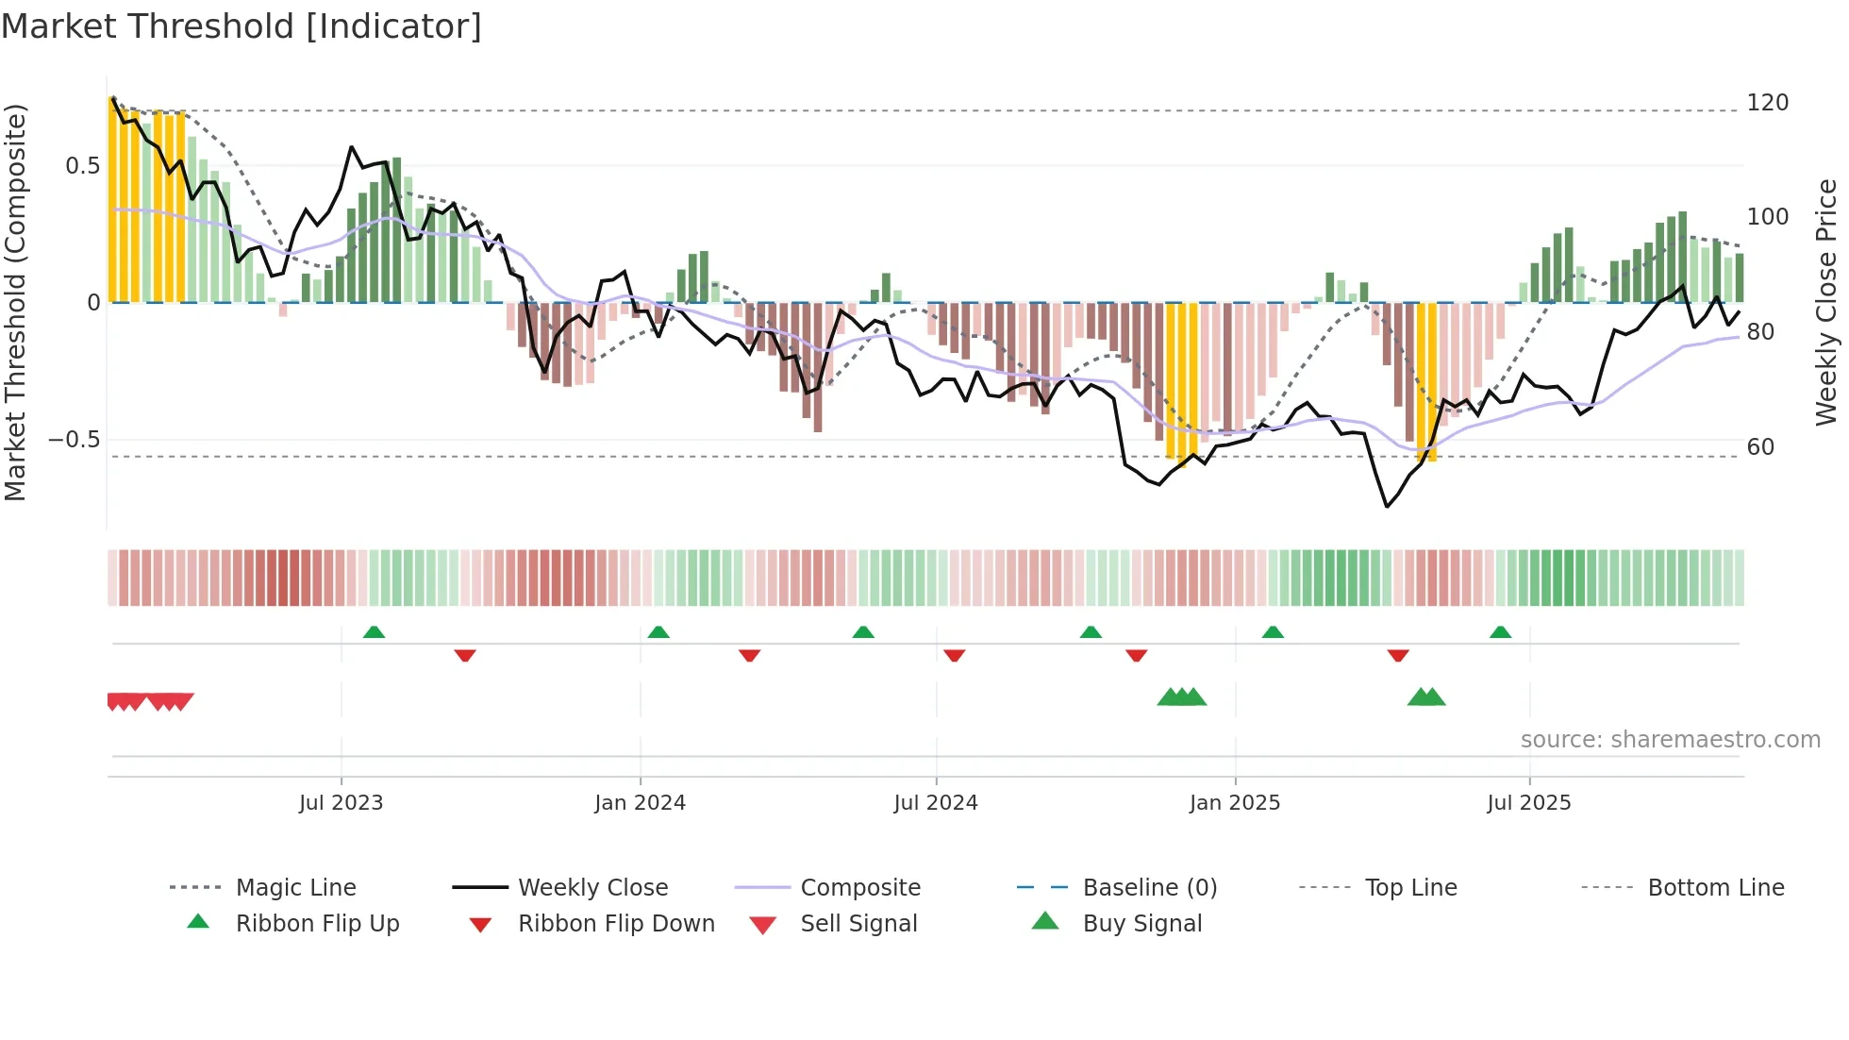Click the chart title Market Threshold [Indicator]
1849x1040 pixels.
click(x=242, y=26)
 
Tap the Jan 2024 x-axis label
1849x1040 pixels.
click(x=640, y=803)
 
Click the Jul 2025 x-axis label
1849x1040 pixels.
click(x=1528, y=803)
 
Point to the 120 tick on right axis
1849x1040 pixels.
click(x=1767, y=103)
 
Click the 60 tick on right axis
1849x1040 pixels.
click(x=1760, y=447)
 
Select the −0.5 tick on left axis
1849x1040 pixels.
click(x=74, y=440)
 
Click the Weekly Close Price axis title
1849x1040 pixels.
click(x=1826, y=302)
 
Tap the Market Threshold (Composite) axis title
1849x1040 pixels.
click(x=15, y=302)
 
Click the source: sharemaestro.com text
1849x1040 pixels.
click(x=1670, y=740)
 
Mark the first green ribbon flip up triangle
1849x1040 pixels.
click(x=374, y=632)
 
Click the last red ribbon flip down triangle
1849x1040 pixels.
click(x=1398, y=655)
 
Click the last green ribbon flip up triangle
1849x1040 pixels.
click(x=1500, y=632)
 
